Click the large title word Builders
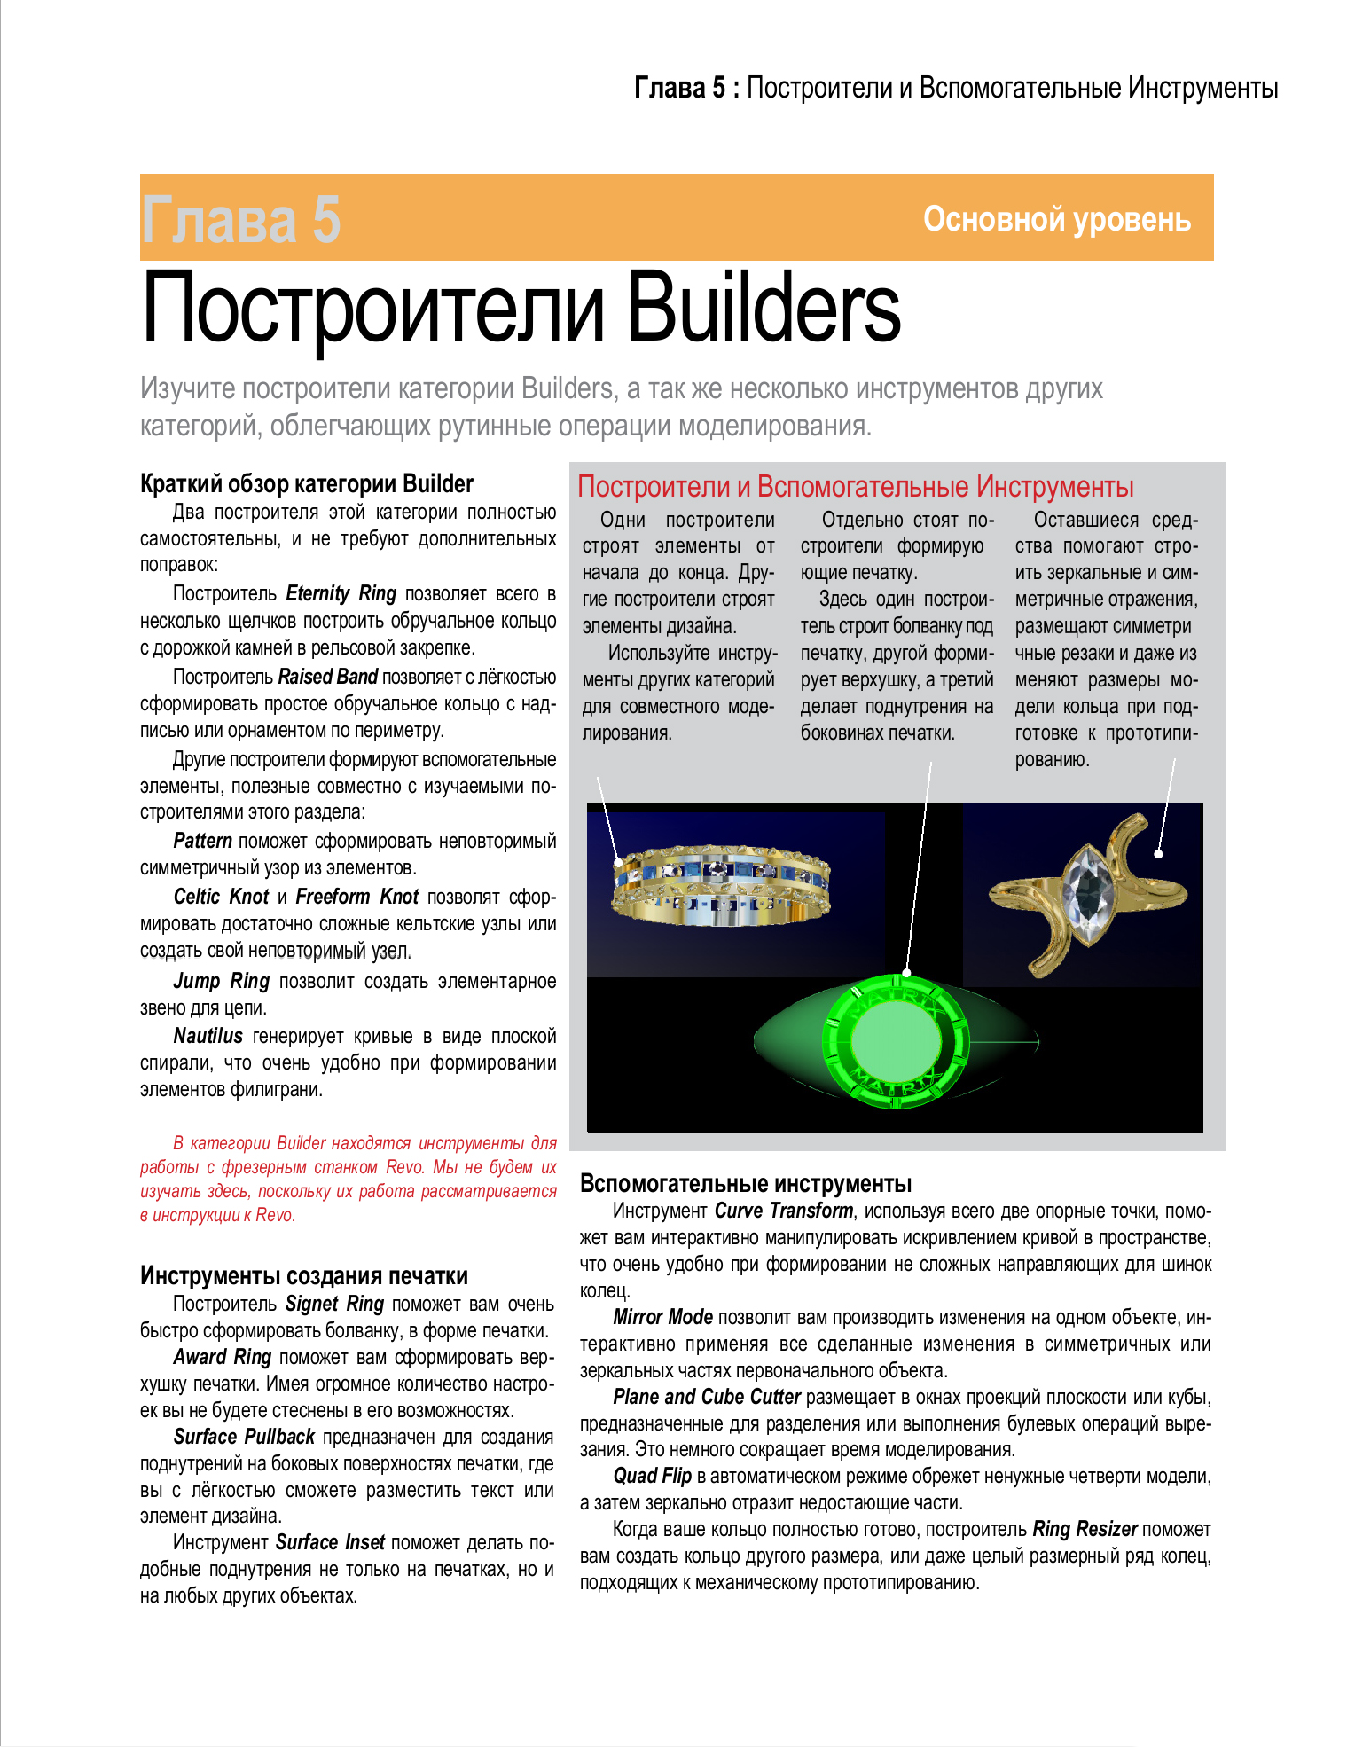764,310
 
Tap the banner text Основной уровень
1056,219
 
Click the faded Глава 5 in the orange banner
240,220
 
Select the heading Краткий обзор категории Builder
307,483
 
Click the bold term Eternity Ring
341,593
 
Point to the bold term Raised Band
328,677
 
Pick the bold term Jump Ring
221,981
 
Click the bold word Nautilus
208,1036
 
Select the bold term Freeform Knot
356,897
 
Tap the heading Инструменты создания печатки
304,1275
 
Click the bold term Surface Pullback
244,1437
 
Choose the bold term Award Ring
222,1357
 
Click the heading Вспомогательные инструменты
746,1183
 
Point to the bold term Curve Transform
784,1211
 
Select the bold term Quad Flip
652,1476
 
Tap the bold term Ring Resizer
1085,1529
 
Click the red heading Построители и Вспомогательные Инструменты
856,487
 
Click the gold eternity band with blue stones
721,882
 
